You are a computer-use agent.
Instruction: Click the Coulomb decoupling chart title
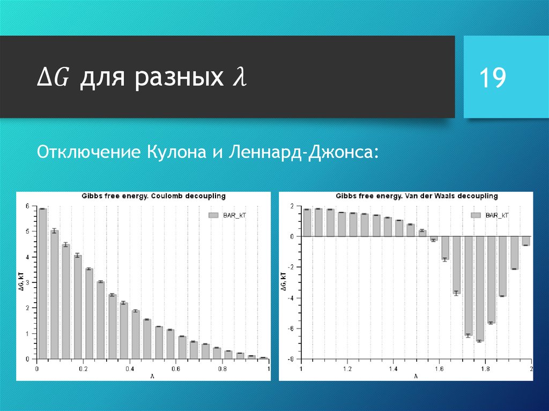pyautogui.click(x=153, y=196)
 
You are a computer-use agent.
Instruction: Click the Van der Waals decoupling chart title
pyautogui.click(x=417, y=196)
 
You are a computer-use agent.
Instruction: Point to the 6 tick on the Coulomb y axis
pyautogui.click(x=28, y=206)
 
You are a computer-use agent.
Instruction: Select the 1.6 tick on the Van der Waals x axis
pyautogui.click(x=439, y=369)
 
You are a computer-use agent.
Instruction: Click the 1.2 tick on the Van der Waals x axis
pyautogui.click(x=347, y=369)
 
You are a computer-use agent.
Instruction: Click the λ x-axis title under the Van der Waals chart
pyautogui.click(x=416, y=376)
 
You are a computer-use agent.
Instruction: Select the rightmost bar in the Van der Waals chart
pyautogui.click(x=525, y=241)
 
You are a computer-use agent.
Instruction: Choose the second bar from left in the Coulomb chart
pyautogui.click(x=54, y=294)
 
